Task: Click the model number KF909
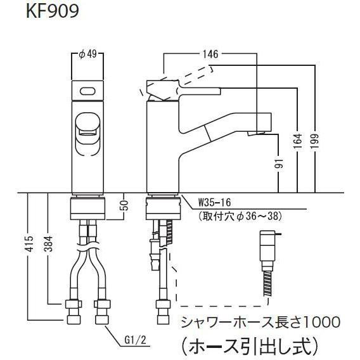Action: point(53,11)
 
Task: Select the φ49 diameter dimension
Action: point(87,55)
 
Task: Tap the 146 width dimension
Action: point(210,54)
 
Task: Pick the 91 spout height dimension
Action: point(279,164)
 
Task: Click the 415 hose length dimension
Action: point(29,243)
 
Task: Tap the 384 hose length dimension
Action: point(48,243)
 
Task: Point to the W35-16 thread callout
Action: point(214,203)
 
